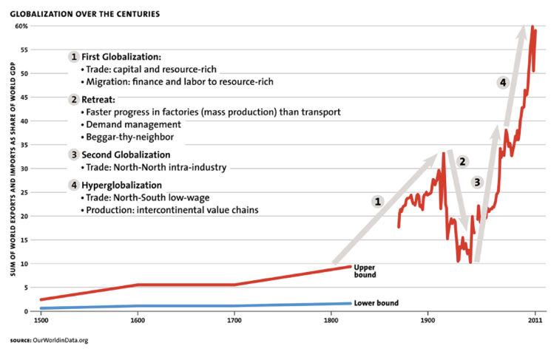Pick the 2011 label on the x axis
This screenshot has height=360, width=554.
[x=534, y=320]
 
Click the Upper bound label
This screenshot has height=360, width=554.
[x=365, y=271]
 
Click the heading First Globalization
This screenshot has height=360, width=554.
[x=121, y=57]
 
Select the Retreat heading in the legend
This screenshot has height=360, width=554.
[x=99, y=100]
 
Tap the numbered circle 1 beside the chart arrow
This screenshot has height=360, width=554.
[x=377, y=200]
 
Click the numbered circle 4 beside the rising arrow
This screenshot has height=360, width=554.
[x=503, y=83]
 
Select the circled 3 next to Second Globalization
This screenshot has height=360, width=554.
[x=73, y=155]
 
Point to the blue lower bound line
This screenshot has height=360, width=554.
[x=185, y=306]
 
